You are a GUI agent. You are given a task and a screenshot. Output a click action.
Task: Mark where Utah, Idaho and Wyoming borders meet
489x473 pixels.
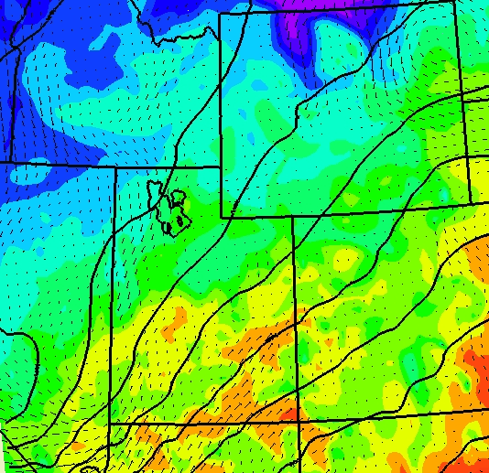222,167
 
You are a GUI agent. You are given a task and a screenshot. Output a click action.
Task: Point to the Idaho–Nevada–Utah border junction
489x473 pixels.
114,166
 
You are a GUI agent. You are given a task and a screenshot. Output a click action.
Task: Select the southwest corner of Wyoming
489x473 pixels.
222,217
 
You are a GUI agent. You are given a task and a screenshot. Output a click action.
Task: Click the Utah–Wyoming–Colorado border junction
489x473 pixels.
293,216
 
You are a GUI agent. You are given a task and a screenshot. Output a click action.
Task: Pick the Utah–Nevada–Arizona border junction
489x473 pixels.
110,425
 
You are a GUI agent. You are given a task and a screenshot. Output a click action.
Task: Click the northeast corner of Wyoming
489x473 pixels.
454,3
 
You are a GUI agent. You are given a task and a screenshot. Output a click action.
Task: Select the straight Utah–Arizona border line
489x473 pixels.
201,423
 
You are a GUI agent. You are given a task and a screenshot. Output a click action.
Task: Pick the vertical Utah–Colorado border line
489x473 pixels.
295,320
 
